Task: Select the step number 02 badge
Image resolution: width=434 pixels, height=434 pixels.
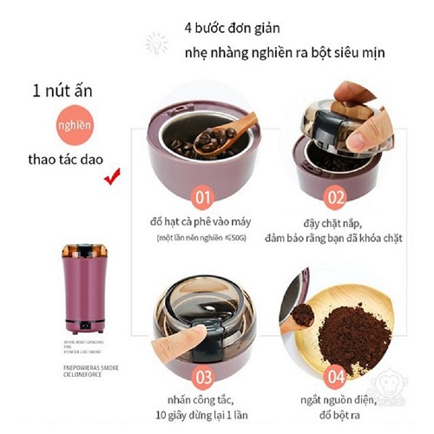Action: point(338,194)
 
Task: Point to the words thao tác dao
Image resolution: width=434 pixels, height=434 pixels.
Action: point(62,161)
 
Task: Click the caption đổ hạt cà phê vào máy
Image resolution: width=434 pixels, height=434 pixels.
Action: point(200,221)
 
